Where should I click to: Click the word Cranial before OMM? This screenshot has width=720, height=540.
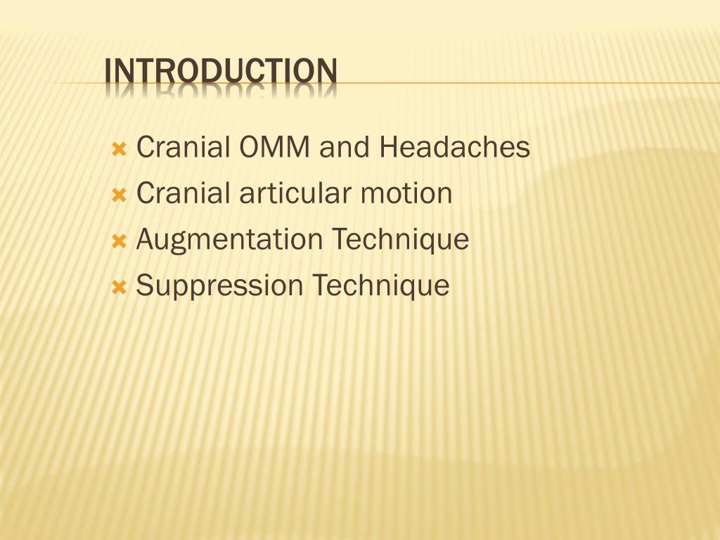pos(184,148)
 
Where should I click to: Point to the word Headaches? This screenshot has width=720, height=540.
pos(454,148)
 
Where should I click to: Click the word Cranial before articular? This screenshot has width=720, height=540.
pos(184,193)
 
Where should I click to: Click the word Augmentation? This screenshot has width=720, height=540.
pos(229,240)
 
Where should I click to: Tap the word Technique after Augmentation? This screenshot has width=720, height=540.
pos(400,240)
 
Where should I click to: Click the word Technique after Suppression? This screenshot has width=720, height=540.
pos(380,286)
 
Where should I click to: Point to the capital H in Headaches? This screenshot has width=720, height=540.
pos(388,148)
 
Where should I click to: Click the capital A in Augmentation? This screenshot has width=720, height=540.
pos(145,240)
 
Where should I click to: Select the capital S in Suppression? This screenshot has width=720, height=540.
pos(144,286)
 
